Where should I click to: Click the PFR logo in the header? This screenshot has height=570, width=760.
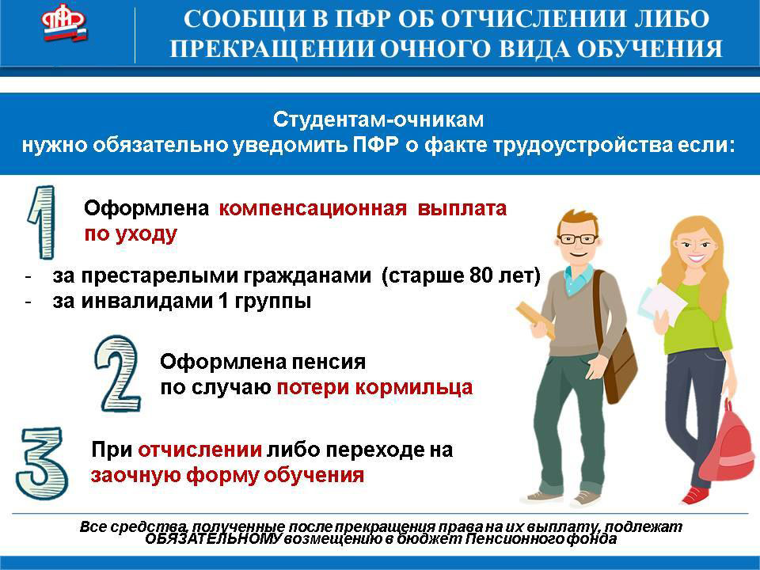point(64,22)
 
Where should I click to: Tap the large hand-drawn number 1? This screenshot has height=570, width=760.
point(43,222)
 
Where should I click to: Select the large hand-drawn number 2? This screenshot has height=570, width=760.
point(118,374)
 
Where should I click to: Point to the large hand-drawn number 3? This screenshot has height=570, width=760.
point(42,463)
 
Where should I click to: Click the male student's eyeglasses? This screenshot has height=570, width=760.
point(578,239)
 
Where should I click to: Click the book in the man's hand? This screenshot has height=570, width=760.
point(536,318)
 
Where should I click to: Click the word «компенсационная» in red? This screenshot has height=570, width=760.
point(313,208)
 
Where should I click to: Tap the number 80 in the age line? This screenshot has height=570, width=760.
point(480,275)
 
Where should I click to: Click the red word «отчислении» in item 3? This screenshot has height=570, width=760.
point(200,450)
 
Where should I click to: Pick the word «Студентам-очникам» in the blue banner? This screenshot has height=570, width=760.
point(378,120)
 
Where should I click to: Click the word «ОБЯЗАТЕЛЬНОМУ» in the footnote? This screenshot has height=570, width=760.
point(213,539)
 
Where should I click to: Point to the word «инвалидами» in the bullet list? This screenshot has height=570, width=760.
point(147,302)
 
